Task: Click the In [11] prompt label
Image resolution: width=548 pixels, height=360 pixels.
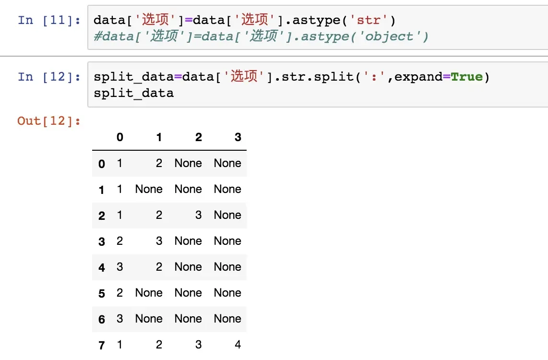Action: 49,20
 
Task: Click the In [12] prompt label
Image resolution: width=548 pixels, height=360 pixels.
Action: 49,77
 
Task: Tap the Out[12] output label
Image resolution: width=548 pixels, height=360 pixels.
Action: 49,121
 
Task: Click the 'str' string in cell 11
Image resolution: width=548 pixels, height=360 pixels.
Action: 369,20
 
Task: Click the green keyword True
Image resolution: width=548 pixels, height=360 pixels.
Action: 466,77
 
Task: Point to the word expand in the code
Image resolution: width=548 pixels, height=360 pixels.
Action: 418,77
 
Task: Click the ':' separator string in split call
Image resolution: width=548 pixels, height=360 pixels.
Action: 374,77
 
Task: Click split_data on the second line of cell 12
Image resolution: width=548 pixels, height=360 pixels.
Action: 133,93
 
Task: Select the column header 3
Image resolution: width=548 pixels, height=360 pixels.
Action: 238,137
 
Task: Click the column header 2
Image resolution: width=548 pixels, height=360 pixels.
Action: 199,137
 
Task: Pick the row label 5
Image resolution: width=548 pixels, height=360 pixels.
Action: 101,293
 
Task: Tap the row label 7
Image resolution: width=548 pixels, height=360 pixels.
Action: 101,345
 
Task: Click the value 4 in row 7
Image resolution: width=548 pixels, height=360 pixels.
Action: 238,345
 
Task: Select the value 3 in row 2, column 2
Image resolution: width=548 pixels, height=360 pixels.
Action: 199,215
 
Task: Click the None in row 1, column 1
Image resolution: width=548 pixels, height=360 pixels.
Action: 149,189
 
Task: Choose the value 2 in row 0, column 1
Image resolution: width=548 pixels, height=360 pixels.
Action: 159,163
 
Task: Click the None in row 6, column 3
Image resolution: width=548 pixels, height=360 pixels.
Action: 227,319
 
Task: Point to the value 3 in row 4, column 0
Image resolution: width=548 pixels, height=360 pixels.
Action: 119,267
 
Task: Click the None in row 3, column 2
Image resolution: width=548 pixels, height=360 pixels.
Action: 188,241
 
